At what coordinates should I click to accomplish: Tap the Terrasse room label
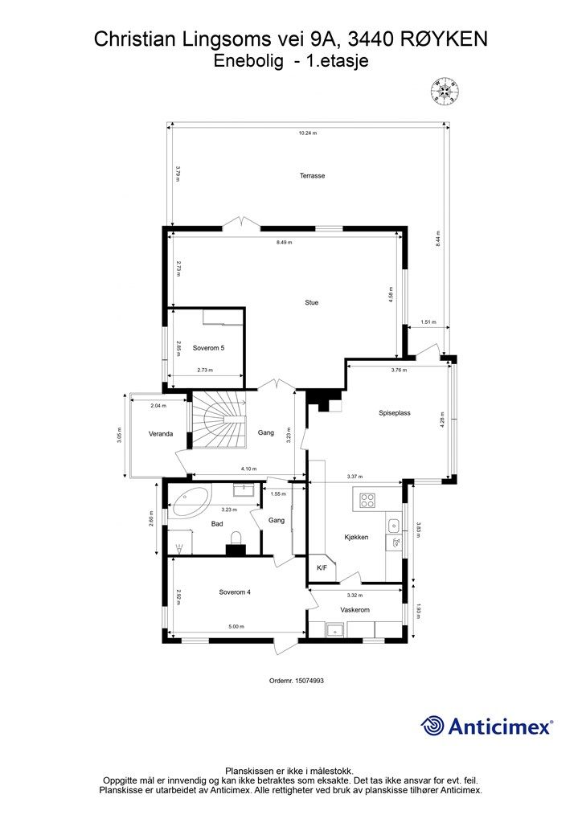(312, 176)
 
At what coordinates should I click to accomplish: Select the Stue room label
(312, 302)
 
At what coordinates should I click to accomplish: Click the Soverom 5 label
(208, 348)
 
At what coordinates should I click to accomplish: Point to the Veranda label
(161, 434)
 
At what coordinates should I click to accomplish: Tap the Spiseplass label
(395, 413)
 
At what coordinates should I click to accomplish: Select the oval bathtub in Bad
(190, 502)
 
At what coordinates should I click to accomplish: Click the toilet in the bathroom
(236, 541)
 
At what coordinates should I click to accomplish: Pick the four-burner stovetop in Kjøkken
(367, 500)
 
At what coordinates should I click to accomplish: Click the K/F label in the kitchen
(322, 567)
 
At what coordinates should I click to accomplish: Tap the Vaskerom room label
(355, 610)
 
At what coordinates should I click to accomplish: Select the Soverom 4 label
(235, 592)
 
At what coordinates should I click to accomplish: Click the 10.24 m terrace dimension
(308, 133)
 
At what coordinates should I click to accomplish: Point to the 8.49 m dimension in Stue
(284, 243)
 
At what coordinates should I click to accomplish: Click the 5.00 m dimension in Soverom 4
(236, 627)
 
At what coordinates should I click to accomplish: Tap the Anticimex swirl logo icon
(432, 727)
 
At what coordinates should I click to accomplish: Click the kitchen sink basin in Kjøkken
(393, 525)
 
